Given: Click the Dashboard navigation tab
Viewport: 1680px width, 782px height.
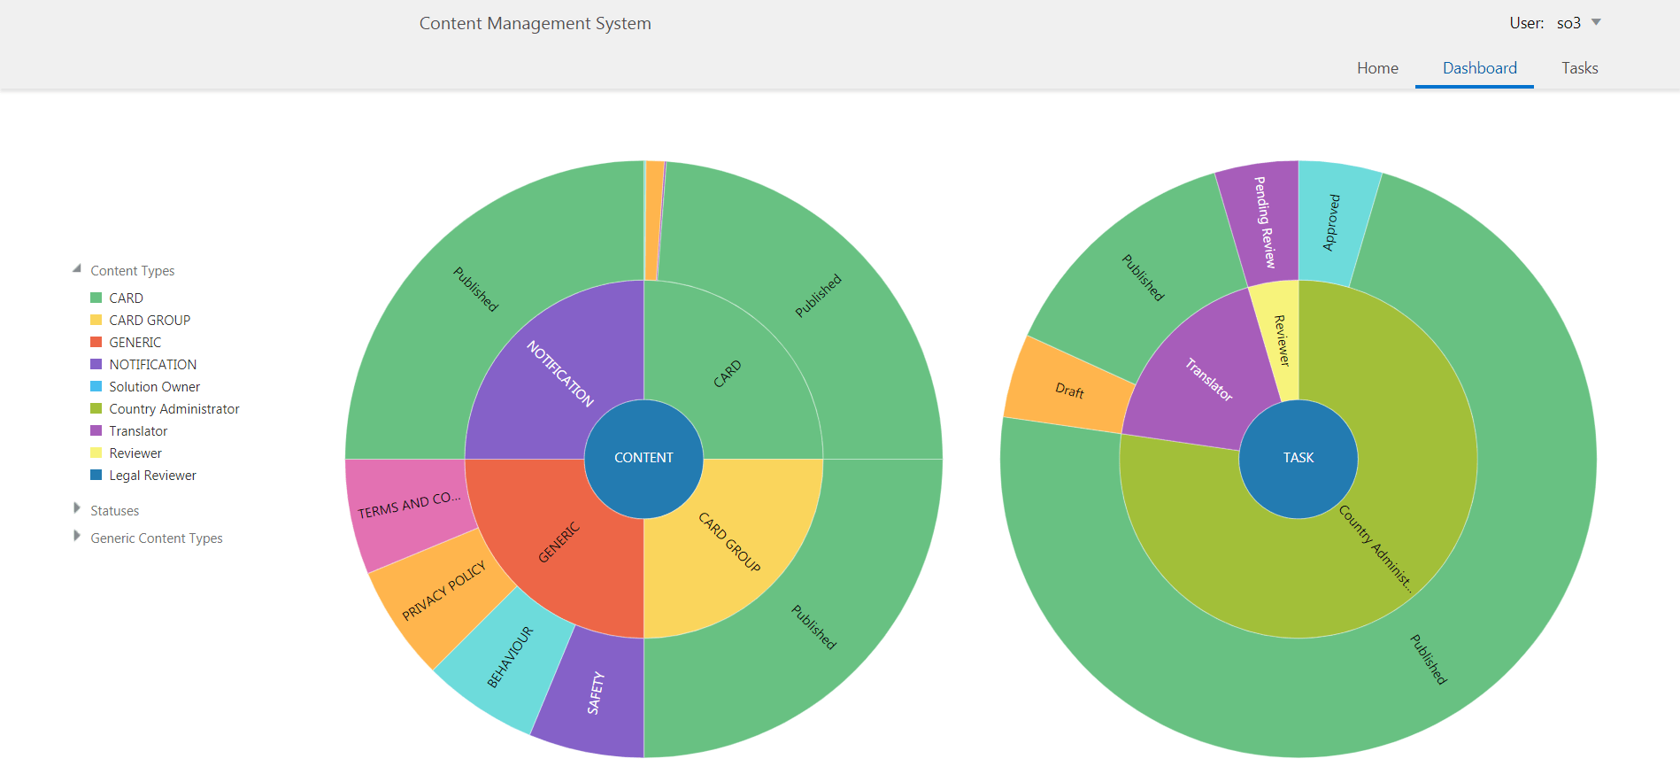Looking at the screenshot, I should (1479, 68).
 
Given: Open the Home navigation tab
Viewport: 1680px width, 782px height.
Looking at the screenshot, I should (1377, 68).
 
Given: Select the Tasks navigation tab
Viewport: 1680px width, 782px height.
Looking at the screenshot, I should (1579, 68).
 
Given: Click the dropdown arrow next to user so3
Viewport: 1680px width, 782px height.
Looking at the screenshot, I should (1596, 22).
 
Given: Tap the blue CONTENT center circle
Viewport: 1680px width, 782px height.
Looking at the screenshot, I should (643, 458).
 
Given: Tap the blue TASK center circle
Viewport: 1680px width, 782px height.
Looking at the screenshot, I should (1298, 458).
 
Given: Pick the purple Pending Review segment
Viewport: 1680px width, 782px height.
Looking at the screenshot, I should (1260, 221).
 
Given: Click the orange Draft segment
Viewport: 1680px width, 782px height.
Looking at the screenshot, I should (1068, 391).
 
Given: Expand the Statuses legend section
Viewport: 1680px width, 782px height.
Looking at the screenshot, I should (77, 510).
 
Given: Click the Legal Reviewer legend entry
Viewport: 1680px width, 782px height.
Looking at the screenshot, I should (152, 476).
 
